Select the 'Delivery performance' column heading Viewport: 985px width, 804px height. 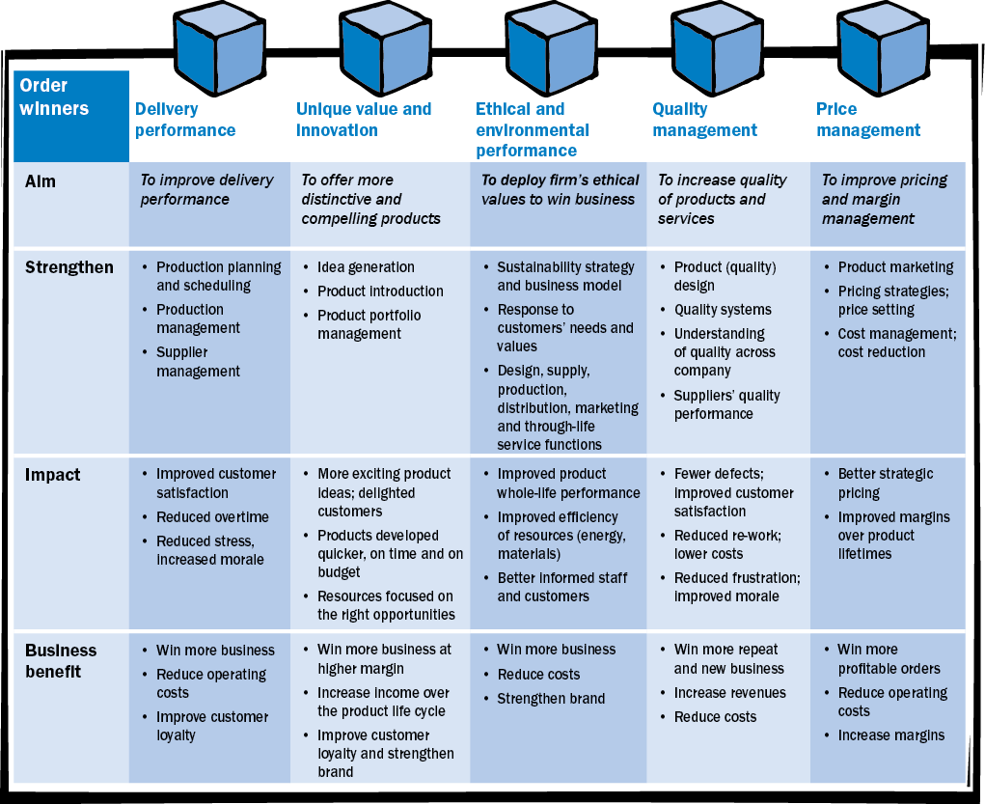[x=185, y=120]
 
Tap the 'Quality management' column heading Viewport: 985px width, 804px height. [x=704, y=120]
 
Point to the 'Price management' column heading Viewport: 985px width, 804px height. [x=868, y=120]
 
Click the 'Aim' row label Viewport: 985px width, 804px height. [x=40, y=180]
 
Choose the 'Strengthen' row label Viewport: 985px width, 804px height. [x=68, y=267]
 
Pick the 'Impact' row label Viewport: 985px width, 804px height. [x=53, y=475]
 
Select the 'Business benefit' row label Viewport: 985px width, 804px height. [x=62, y=660]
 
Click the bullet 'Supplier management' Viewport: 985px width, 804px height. [x=198, y=362]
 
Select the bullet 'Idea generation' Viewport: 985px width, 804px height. [x=366, y=267]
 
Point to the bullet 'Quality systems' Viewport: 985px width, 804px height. [x=723, y=310]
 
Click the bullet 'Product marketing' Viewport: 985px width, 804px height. [x=895, y=267]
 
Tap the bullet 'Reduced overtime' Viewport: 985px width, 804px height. [x=212, y=517]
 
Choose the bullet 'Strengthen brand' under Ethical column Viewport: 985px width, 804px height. [x=551, y=699]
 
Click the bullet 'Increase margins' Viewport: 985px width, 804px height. [x=891, y=735]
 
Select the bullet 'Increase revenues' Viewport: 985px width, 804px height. [x=729, y=693]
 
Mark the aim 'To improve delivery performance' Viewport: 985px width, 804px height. [x=206, y=189]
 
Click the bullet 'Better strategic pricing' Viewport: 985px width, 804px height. [x=885, y=484]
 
